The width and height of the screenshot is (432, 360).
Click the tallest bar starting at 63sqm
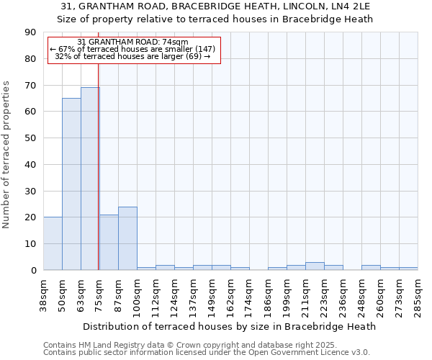[x=90, y=179]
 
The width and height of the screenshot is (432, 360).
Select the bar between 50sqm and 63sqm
[x=71, y=184]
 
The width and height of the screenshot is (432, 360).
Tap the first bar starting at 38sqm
[x=53, y=243]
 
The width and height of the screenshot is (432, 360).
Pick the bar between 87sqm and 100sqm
[x=127, y=238]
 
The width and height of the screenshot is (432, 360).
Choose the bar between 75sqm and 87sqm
[x=109, y=242]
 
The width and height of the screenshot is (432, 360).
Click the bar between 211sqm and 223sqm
[x=315, y=266]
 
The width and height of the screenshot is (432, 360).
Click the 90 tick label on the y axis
[x=30, y=32]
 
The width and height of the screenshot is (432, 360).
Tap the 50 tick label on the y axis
[x=30, y=138]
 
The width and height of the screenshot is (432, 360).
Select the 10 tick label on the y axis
[x=30, y=244]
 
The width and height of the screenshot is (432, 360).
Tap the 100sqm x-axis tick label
[x=137, y=295]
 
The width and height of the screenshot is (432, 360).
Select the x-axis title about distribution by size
[x=230, y=326]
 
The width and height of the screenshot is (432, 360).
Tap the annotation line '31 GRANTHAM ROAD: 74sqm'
[x=132, y=42]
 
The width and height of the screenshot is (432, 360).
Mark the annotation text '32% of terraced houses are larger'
[x=132, y=56]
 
